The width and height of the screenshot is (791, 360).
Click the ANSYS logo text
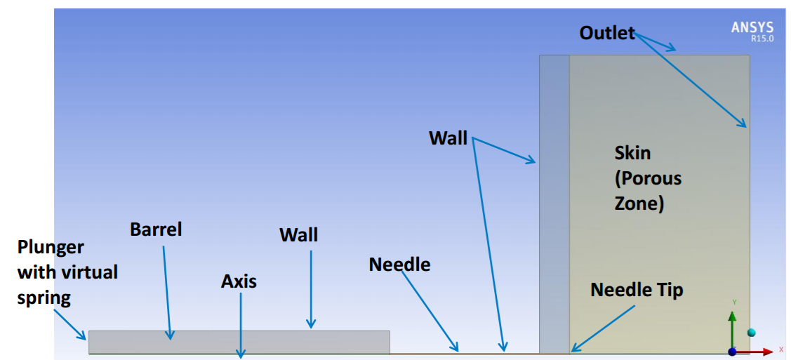pyautogui.click(x=752, y=27)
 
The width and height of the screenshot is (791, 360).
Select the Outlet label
pyautogui.click(x=607, y=33)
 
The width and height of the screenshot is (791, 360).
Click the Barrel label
pyautogui.click(x=156, y=229)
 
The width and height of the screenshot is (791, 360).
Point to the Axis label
pyautogui.click(x=239, y=281)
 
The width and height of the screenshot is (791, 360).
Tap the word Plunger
pyautogui.click(x=51, y=248)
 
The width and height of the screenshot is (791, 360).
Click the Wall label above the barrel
pyautogui.click(x=299, y=234)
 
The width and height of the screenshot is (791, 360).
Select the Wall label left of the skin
pyautogui.click(x=448, y=138)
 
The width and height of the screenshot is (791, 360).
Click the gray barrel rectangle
pyautogui.click(x=239, y=342)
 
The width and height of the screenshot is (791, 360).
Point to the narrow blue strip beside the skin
pyautogui.click(x=554, y=204)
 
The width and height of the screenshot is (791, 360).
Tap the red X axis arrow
pyautogui.click(x=755, y=352)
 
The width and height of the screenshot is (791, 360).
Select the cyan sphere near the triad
pyautogui.click(x=752, y=332)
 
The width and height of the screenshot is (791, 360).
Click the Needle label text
pyautogui.click(x=399, y=264)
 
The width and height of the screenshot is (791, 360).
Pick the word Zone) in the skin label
pyautogui.click(x=638, y=204)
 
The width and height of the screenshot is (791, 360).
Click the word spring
pyautogui.click(x=44, y=298)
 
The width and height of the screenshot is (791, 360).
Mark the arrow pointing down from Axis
pyautogui.click(x=241, y=325)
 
